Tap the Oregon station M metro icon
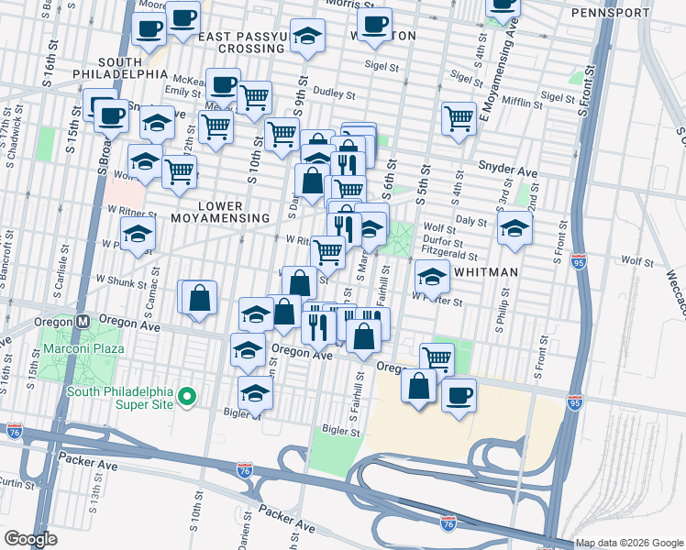point(83,322)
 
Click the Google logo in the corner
point(30,539)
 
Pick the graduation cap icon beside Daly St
point(515,228)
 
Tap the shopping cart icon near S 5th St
point(458,118)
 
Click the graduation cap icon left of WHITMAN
point(432,275)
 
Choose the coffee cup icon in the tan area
point(459,396)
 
